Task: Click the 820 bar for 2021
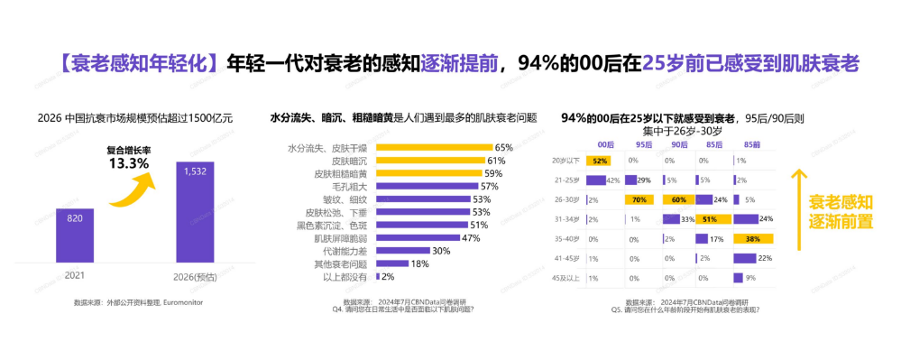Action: click(x=74, y=233)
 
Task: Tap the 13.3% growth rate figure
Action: click(x=128, y=163)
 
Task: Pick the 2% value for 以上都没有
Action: click(x=389, y=276)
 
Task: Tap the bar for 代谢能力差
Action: click(x=403, y=251)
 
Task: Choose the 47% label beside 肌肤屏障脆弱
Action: click(x=470, y=238)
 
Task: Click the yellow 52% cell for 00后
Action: click(x=599, y=161)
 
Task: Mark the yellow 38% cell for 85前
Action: click(x=751, y=239)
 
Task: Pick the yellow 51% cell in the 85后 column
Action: click(x=711, y=219)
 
